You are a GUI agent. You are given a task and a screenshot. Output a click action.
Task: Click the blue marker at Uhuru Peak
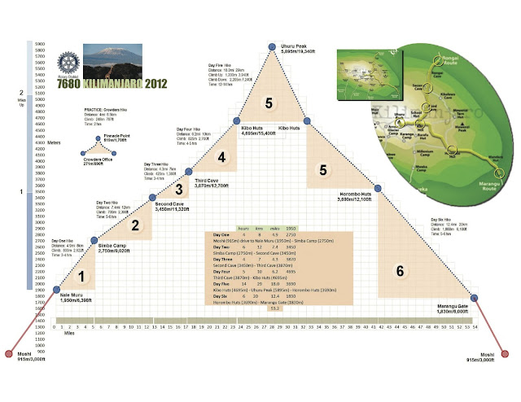(272, 47)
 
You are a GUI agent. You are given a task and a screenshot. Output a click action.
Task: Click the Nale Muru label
(76, 296)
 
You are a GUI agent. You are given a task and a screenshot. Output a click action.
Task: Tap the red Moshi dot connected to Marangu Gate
(509, 354)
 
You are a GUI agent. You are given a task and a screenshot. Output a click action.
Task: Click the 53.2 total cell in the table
(274, 308)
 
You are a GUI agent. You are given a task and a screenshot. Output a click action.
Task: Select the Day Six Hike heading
(442, 220)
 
